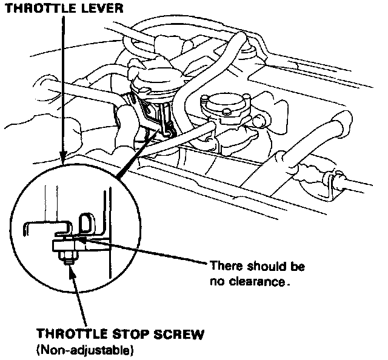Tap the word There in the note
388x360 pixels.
click(x=226, y=267)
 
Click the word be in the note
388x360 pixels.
click(x=298, y=267)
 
